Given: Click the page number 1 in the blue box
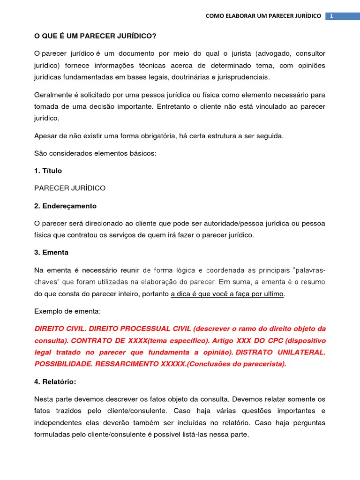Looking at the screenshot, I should click(331, 16).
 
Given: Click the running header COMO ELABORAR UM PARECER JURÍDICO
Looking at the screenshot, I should click(263, 16).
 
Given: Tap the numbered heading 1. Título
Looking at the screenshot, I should click(48, 171).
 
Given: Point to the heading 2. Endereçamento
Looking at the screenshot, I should click(66, 206).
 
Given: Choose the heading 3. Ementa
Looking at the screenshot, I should click(52, 252).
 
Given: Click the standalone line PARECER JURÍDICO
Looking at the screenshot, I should click(70, 188).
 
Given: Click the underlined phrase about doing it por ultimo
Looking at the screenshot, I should click(227, 294).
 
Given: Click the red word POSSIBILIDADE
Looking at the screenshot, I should click(63, 363).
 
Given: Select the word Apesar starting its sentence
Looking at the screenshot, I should click(46, 136).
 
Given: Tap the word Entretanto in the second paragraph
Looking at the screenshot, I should click(196, 106).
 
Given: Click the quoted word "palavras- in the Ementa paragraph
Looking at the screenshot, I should click(309, 270).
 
